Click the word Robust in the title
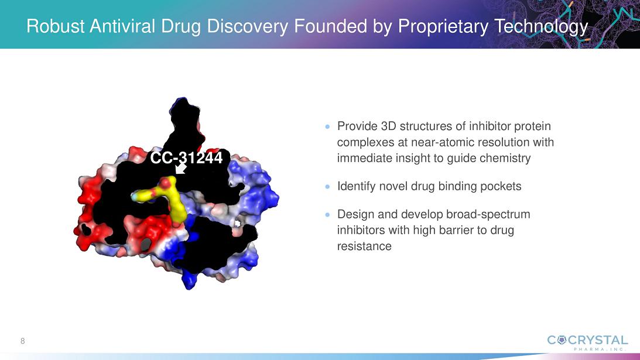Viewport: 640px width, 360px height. pyautogui.click(x=55, y=26)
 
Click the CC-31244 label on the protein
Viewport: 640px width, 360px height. pyautogui.click(x=187, y=157)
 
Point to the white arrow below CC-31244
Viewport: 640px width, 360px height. pyautogui.click(x=180, y=168)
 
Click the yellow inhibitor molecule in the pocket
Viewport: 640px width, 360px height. pyautogui.click(x=163, y=197)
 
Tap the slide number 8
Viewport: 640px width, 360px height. pyautogui.click(x=22, y=341)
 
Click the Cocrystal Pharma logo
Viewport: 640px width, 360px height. pyautogui.click(x=587, y=342)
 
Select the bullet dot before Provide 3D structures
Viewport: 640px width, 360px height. pyautogui.click(x=327, y=127)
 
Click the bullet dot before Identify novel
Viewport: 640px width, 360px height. pyautogui.click(x=327, y=187)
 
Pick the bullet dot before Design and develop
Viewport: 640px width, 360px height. pyautogui.click(x=327, y=215)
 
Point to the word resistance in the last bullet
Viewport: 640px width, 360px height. pyautogui.click(x=364, y=246)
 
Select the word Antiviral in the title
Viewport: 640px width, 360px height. pyautogui.click(x=122, y=26)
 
